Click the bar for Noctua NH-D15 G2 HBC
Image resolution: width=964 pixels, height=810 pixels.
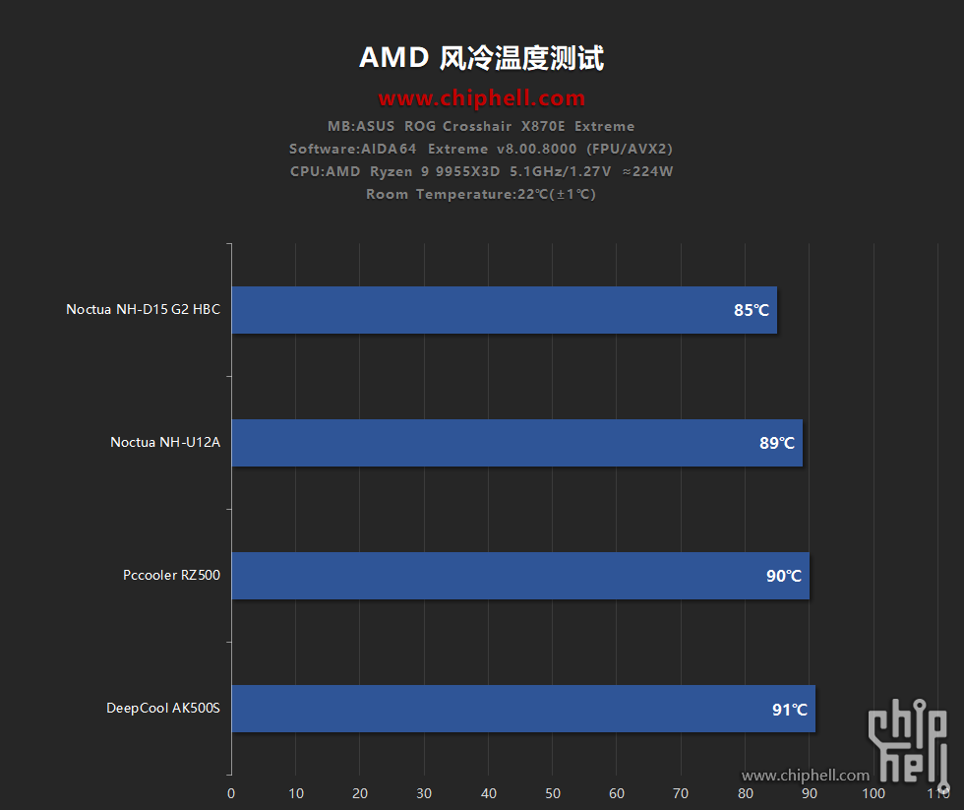[x=504, y=310]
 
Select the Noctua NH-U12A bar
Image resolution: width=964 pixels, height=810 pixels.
[x=516, y=443]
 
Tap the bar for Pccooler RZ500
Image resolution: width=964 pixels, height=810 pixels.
[x=519, y=576]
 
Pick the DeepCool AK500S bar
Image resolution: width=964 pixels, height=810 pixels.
[x=522, y=709]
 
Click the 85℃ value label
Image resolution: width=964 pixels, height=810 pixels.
[x=752, y=310]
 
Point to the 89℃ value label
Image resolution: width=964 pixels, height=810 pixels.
[x=777, y=443]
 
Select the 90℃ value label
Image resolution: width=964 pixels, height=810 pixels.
[x=784, y=576]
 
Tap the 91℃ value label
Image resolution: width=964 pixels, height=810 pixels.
[x=790, y=709]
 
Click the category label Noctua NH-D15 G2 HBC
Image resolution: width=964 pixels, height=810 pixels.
[x=144, y=309]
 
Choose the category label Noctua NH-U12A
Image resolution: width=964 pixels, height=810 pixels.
[x=165, y=442]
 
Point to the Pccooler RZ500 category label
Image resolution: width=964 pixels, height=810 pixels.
[x=172, y=575]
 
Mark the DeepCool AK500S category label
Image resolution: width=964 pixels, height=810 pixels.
[x=163, y=708]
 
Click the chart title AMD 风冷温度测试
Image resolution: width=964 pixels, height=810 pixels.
[x=481, y=58]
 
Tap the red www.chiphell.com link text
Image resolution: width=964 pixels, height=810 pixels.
[x=482, y=98]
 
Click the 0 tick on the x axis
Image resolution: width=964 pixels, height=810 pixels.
[x=231, y=793]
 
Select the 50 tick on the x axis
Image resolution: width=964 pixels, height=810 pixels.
[x=553, y=793]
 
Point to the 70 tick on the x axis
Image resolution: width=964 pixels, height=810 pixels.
[x=681, y=793]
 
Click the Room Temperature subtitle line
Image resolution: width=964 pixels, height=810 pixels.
[x=481, y=194]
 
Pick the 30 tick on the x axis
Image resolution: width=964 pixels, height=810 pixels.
[x=424, y=793]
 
